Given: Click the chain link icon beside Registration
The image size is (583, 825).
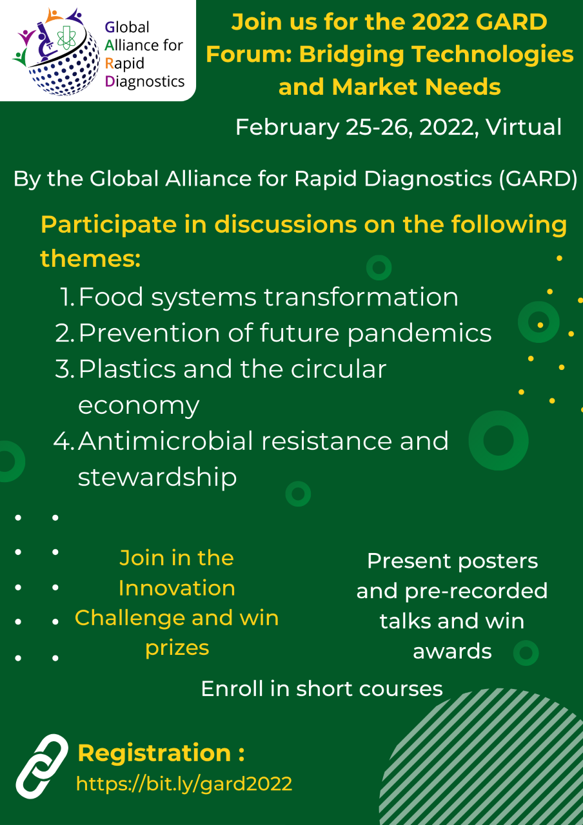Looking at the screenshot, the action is coord(42,766).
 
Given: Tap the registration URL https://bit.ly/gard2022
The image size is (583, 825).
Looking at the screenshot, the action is coord(184,784).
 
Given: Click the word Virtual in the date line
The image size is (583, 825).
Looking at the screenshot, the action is coord(524,127).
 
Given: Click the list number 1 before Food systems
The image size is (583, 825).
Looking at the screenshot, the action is coord(67,297).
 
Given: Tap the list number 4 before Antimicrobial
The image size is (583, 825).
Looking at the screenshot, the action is coord(64,441).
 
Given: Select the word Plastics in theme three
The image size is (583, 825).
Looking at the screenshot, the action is coord(127,369).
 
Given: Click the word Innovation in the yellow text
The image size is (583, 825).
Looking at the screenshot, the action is coord(177,588).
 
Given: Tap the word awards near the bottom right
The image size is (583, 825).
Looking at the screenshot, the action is coord(452,651).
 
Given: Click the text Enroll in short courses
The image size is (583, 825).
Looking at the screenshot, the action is coord(322,689).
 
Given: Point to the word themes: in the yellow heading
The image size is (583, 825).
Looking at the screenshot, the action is coord(90,258).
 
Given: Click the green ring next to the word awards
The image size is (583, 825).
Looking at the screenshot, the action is coord(526,653).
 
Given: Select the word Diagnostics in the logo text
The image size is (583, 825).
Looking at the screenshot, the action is coord(145,82).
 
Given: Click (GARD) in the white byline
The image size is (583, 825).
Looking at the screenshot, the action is coord(538,179).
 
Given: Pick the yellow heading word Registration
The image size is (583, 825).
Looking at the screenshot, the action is coord(154,753).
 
